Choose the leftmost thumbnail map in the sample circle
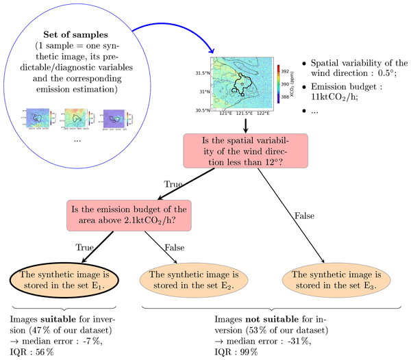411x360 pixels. (38, 118)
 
